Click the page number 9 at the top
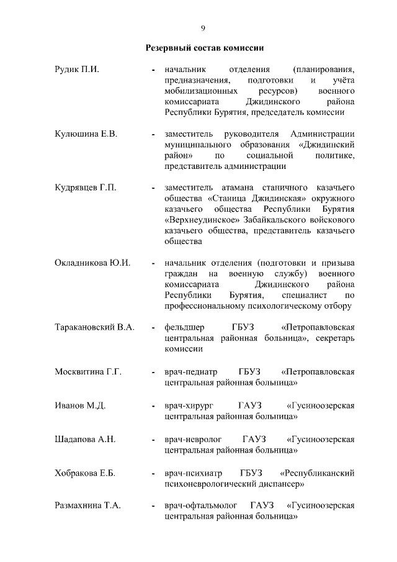pos(203,28)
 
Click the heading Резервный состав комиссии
pos(203,47)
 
